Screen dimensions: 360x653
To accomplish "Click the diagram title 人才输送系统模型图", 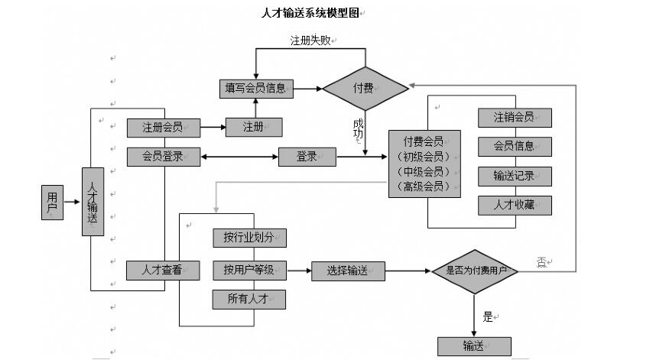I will click(310, 13).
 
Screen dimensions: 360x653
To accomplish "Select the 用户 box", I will click(52, 202).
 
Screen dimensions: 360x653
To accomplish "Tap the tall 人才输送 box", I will click(93, 202).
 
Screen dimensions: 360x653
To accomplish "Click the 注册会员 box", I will click(164, 127).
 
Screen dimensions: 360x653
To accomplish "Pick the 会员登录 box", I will click(164, 157).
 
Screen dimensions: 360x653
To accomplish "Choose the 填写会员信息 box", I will click(255, 88).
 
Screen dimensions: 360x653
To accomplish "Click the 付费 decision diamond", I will click(365, 88).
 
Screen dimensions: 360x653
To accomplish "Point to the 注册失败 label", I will click(310, 41).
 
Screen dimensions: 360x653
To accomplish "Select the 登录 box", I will click(307, 157).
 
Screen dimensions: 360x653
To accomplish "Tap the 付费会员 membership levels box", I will click(425, 164).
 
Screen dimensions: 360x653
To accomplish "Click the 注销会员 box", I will click(515, 117).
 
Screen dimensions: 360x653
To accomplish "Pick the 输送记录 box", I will click(515, 176).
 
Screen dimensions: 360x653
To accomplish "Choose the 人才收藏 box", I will click(515, 205).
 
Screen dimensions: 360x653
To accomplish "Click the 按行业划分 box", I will click(249, 238).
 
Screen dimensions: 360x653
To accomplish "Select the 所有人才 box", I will click(249, 300).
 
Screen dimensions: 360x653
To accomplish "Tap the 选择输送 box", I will click(348, 271).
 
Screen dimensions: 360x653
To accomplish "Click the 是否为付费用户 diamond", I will click(475, 271).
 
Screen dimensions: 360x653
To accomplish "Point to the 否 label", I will click(542, 262).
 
